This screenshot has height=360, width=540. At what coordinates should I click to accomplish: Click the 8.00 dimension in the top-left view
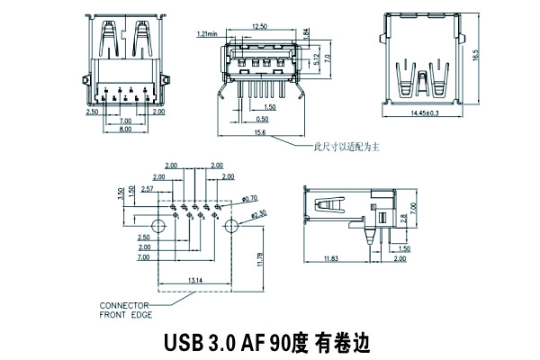[x=125, y=130]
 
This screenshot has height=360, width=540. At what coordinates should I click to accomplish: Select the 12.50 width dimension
[x=259, y=26]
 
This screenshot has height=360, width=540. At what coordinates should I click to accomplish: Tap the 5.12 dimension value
[x=314, y=60]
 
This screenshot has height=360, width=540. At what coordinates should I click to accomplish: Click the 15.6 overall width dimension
[x=259, y=133]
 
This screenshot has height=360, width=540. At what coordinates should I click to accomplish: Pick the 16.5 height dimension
[x=474, y=53]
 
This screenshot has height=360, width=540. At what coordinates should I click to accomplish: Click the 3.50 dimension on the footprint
[x=121, y=193]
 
